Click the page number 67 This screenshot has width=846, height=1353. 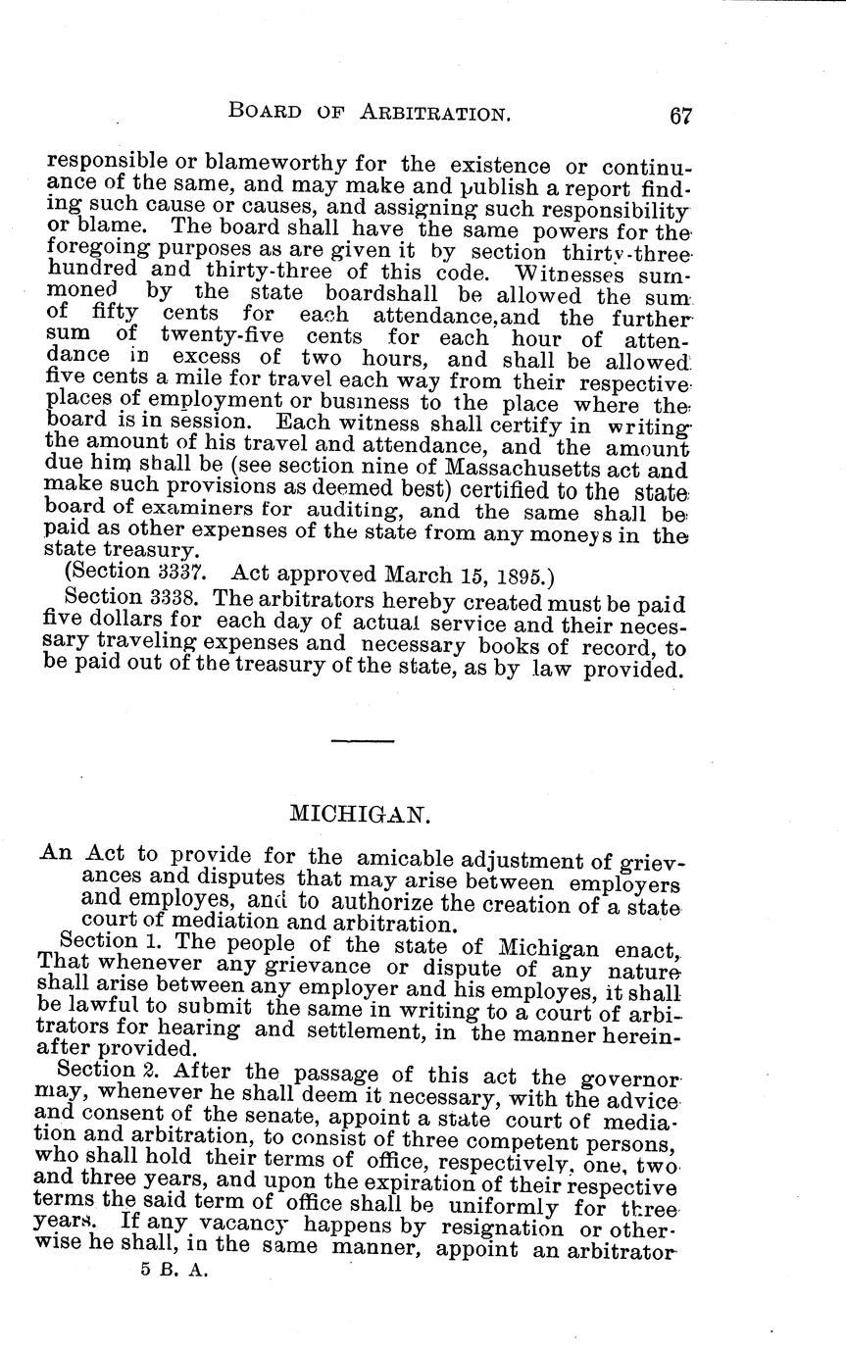680,115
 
